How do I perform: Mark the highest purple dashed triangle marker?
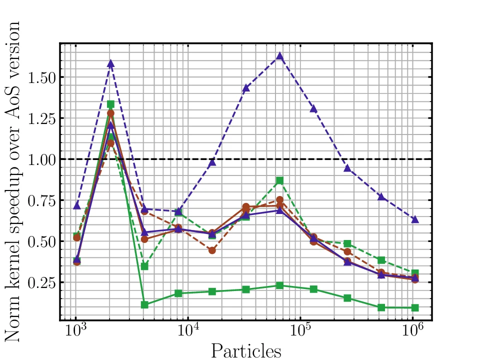280,56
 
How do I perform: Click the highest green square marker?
111,104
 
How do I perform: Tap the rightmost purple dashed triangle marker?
415,219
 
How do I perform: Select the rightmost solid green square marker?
415,307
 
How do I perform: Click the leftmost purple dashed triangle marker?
76,205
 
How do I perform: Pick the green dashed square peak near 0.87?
280,180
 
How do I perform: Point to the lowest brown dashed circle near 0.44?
212,250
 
